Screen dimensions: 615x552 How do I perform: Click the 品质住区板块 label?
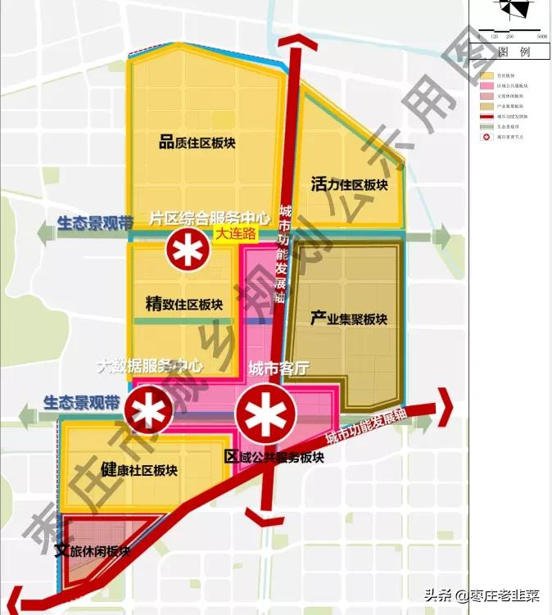tap(197, 142)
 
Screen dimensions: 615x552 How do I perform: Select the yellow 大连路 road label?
tap(236, 233)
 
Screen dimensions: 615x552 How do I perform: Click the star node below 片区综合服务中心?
tap(188, 250)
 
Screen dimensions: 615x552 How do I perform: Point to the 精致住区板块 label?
tap(183, 304)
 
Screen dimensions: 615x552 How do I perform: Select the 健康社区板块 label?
tap(138, 469)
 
